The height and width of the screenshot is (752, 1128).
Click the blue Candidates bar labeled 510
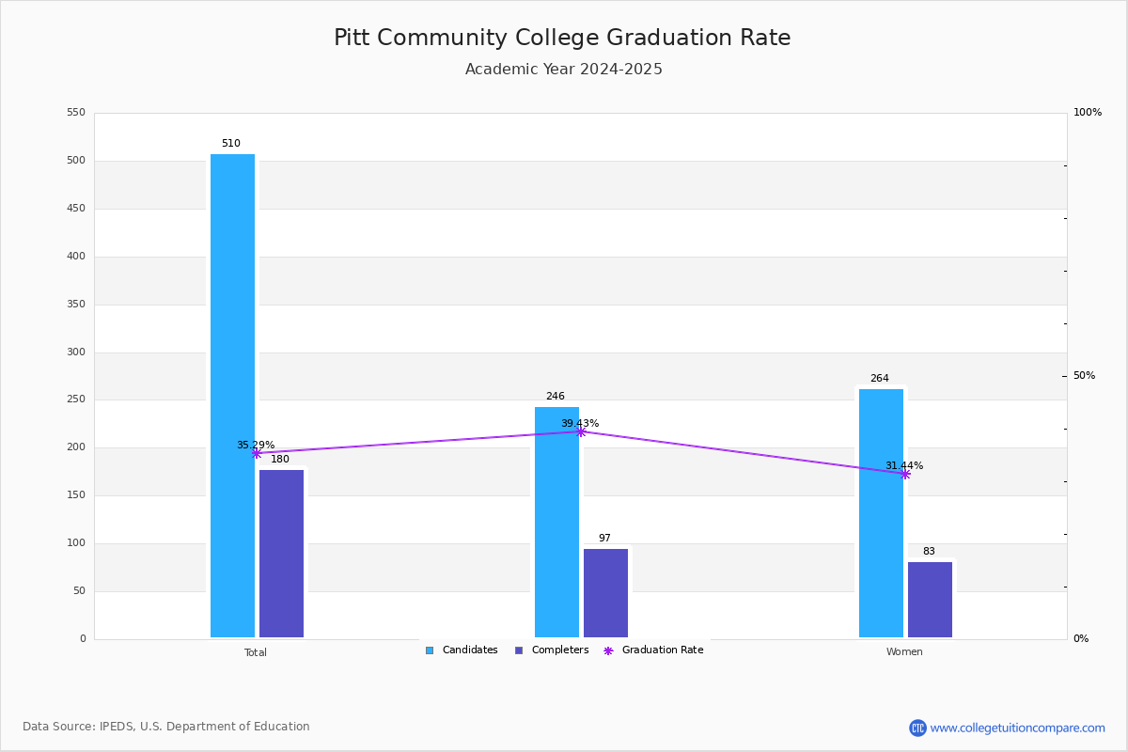pos(232,395)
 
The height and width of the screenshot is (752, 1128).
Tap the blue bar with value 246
pos(556,522)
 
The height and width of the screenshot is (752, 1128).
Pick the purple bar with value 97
pos(605,593)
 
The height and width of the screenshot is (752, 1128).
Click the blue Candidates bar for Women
pos(881,513)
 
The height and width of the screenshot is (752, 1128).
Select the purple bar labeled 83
pos(930,600)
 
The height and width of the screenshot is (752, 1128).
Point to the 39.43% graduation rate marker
pos(580,431)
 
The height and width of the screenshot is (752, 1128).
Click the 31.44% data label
pos(903,465)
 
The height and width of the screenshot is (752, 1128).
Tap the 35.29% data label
pos(255,445)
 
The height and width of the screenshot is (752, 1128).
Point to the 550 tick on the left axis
pos(76,113)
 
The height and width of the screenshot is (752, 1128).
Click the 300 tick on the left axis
pos(76,352)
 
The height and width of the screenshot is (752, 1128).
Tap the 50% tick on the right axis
pos(1084,376)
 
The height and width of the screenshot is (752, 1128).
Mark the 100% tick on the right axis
pos(1087,113)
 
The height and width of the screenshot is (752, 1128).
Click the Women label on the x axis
pos(904,652)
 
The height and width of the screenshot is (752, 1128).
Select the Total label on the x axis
pos(256,652)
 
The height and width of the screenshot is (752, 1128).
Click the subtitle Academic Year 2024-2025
pos(564,70)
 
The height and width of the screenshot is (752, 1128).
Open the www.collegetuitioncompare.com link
pos(1017,728)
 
